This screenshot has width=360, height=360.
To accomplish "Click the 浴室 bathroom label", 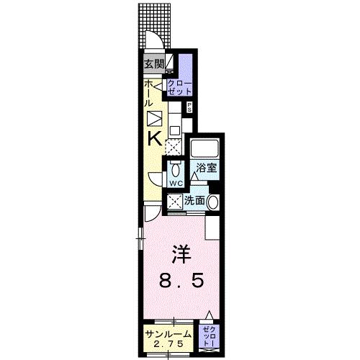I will coord(209,169).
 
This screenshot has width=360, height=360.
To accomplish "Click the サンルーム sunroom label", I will coord(167,333).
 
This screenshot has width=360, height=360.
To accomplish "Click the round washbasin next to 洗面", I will coord(213,202).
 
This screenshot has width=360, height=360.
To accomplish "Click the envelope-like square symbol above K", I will coord(154,120).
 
